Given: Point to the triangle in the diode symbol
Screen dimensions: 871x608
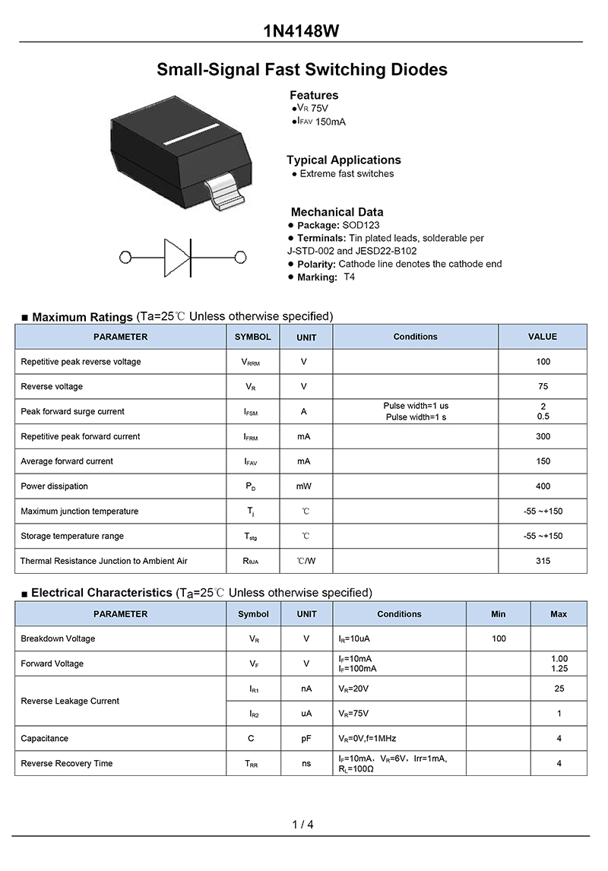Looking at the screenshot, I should (176, 257).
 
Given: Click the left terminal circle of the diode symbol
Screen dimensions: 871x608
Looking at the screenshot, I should (126, 257).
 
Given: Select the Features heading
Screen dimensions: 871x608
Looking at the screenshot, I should (314, 95).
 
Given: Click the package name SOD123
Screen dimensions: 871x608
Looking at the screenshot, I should (361, 225).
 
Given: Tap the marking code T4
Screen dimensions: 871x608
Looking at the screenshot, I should (349, 277).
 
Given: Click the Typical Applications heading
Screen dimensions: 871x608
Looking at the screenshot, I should (344, 160).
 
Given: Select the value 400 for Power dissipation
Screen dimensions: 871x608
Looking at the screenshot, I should (543, 486).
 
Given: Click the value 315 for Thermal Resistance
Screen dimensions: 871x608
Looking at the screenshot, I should (543, 561).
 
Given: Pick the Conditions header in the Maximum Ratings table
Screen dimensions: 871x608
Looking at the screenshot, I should (415, 337).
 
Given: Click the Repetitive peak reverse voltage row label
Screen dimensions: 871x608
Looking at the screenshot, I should (81, 362).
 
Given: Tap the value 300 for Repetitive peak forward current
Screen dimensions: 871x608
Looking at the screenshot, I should (543, 436).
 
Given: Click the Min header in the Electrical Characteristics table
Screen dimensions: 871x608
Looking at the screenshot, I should (498, 614).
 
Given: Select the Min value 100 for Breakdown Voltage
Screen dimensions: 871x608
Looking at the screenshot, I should (499, 638).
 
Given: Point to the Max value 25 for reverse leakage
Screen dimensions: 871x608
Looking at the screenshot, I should (559, 689).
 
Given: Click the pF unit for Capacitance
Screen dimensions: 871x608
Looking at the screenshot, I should (306, 738).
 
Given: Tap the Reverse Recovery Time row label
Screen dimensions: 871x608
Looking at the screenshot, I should (66, 763).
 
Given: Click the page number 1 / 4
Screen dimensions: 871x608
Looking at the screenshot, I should (302, 825).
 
